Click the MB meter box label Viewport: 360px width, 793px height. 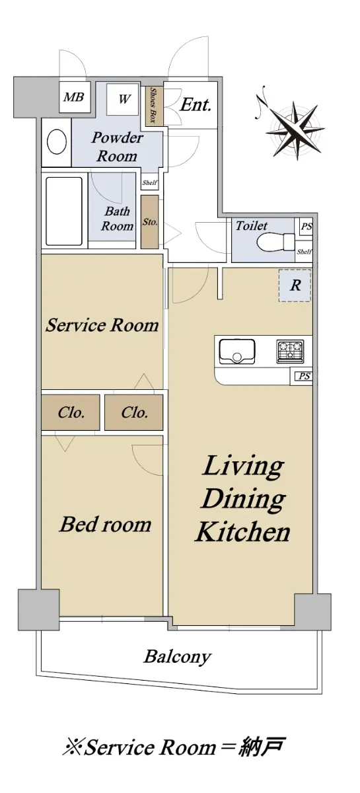[x=74, y=96]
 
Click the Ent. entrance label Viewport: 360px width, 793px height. [x=196, y=105]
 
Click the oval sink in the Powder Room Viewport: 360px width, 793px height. [x=57, y=141]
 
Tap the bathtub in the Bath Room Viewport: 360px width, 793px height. [x=65, y=211]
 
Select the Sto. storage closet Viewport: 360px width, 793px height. [x=150, y=222]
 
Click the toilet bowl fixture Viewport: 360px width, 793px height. [x=275, y=243]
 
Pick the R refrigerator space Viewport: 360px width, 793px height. [x=295, y=285]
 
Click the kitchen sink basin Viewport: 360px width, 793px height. [x=237, y=351]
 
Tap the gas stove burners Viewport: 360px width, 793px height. [x=290, y=351]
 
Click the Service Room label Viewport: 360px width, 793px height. [x=102, y=325]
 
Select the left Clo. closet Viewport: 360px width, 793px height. [x=71, y=412]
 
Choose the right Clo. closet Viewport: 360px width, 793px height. [x=134, y=412]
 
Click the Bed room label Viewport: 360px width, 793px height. [x=106, y=524]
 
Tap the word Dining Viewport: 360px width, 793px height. [x=244, y=499]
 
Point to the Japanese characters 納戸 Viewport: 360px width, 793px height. [x=261, y=747]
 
